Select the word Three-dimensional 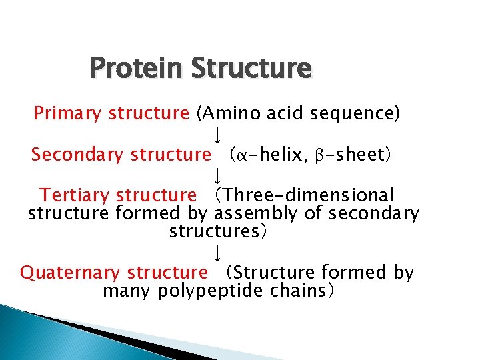click(x=309, y=195)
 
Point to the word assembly click(x=253, y=213)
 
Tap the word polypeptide click(x=211, y=291)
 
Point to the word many click(x=127, y=291)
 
